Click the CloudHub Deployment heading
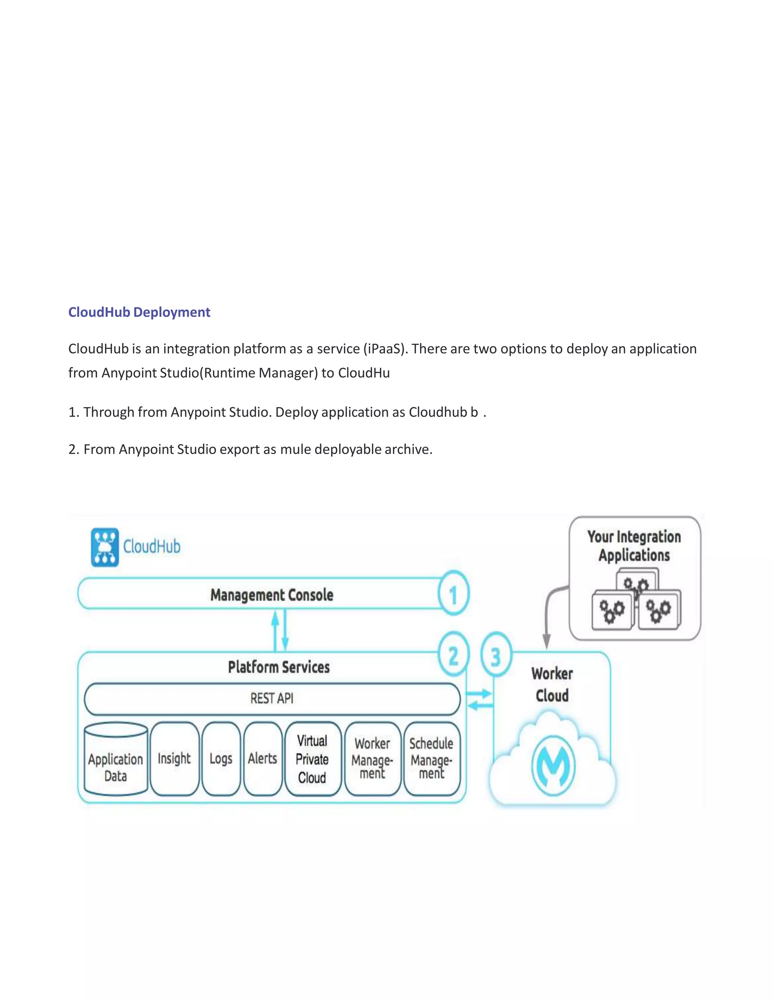click(139, 312)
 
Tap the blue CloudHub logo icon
click(105, 547)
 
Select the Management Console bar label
click(271, 595)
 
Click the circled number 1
click(453, 594)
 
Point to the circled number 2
click(453, 655)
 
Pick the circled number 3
click(496, 657)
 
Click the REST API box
click(272, 698)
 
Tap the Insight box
click(174, 758)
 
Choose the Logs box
click(221, 758)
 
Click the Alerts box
click(262, 758)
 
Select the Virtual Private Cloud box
click(312, 759)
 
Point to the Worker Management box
click(372, 759)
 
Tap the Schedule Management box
click(432, 759)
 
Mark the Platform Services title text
click(279, 667)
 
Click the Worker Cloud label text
click(552, 685)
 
